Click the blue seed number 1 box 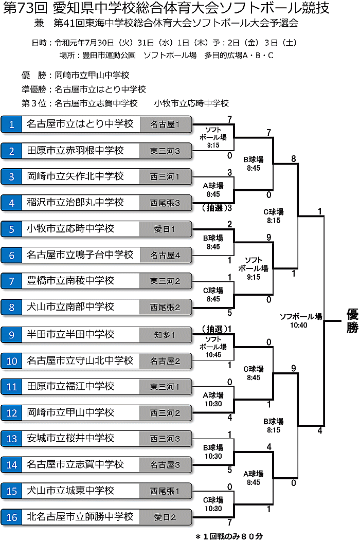11,124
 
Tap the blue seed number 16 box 11,517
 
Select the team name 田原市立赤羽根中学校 76,150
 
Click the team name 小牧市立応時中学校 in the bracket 71,228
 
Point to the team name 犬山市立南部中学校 71,307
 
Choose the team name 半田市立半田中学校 71,334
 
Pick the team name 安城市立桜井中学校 71,438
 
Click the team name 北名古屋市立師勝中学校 80,517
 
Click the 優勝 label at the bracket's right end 352,321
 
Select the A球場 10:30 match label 213,399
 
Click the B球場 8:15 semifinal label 273,425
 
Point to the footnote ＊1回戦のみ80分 229,536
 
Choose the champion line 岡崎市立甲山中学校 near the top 92,75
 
